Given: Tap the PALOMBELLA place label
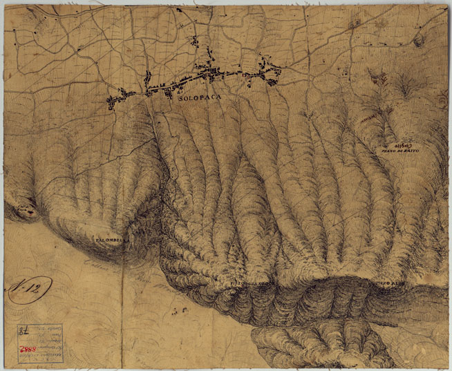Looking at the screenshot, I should coord(109,239).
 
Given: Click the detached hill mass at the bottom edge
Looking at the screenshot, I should coord(318,345).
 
